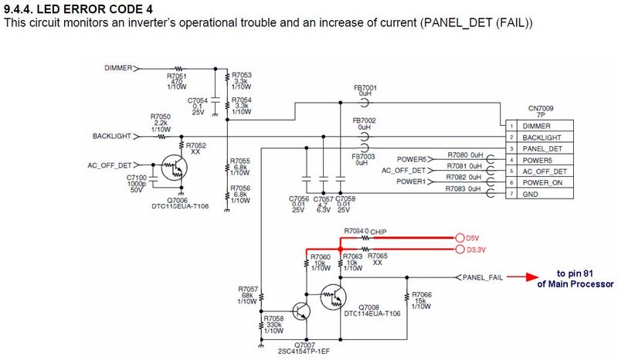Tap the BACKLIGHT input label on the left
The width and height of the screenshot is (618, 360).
[113, 137]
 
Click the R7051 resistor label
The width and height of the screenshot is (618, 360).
[177, 76]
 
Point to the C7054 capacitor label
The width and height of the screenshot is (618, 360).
[198, 101]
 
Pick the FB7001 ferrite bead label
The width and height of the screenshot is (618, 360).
[364, 88]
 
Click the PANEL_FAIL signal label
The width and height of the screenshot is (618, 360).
[484, 277]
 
